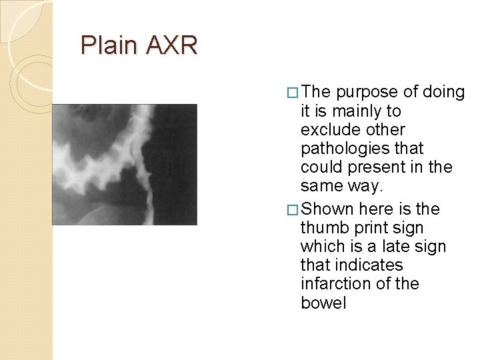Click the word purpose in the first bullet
click(x=366, y=92)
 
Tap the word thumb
click(x=323, y=228)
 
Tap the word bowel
click(x=323, y=303)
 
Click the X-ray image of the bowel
click(x=125, y=164)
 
